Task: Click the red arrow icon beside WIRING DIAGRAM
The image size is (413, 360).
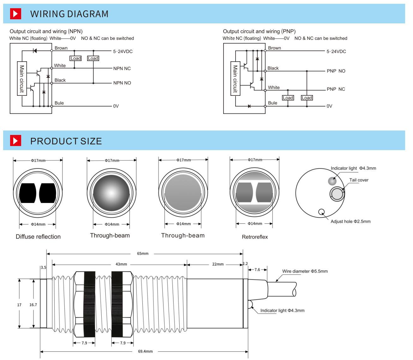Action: pyautogui.click(x=15, y=14)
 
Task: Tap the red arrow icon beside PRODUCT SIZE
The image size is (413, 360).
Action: pyautogui.click(x=15, y=141)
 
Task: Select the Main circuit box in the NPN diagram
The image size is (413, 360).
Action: pyautogui.click(x=21, y=78)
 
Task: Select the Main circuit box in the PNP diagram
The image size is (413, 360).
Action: pyautogui.click(x=235, y=78)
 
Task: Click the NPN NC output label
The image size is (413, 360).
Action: pyautogui.click(x=122, y=68)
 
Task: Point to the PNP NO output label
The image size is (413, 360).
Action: pyautogui.click(x=336, y=71)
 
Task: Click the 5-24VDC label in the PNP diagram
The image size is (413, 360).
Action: pyautogui.click(x=336, y=52)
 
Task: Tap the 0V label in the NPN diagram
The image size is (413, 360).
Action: pyautogui.click(x=116, y=106)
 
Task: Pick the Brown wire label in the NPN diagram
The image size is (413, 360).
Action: pyautogui.click(x=61, y=48)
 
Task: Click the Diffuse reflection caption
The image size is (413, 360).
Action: pyautogui.click(x=38, y=237)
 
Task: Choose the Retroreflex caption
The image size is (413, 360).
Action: pyautogui.click(x=254, y=237)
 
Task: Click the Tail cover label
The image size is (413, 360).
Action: pyautogui.click(x=359, y=180)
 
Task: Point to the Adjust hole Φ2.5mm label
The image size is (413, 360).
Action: pyautogui.click(x=350, y=222)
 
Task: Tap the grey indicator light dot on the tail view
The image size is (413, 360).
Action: pyautogui.click(x=332, y=181)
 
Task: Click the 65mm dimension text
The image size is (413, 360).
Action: pyautogui.click(x=142, y=253)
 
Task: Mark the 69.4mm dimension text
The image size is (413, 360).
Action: pyautogui.click(x=145, y=351)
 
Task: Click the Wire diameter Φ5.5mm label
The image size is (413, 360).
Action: pyautogui.click(x=305, y=271)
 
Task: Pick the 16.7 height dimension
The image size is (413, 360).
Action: pyautogui.click(x=33, y=305)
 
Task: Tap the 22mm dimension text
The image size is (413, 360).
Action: pyautogui.click(x=218, y=264)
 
